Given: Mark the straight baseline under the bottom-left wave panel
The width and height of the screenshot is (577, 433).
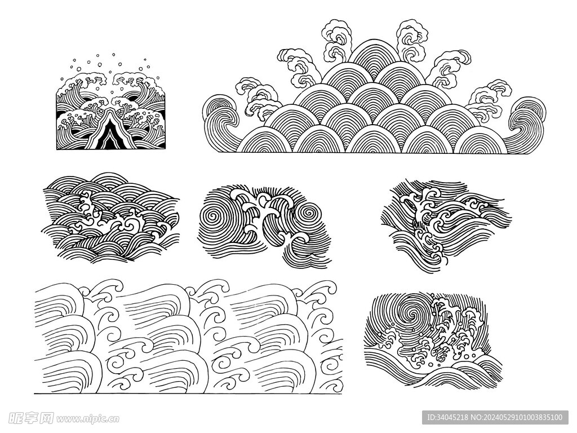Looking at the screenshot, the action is (x=188, y=394).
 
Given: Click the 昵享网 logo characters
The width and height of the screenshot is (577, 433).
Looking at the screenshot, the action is (x=31, y=418).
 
